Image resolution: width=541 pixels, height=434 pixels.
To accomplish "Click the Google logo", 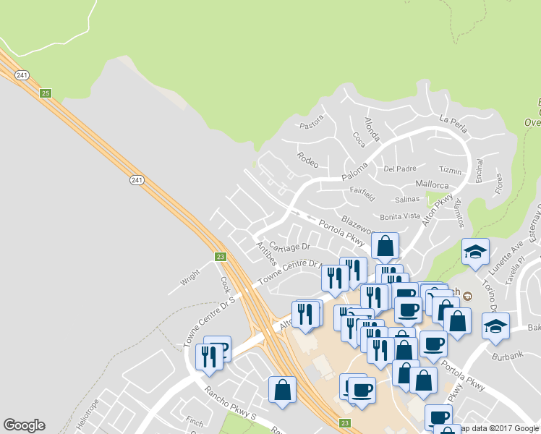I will tap(24, 425).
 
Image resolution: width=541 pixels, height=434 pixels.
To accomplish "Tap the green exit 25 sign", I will tap(46, 93).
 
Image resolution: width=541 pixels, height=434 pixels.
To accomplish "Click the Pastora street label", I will tap(311, 124).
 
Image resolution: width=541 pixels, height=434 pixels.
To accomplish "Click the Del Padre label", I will tap(400, 169).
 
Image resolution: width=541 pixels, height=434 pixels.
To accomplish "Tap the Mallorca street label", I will tap(433, 184).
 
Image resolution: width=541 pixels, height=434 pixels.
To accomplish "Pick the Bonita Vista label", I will tap(400, 216).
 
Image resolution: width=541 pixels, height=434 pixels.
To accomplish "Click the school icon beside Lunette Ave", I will tap(475, 252).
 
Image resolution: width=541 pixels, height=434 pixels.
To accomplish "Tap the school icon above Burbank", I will tap(495, 326).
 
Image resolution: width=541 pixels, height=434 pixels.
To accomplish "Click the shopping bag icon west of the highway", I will tap(282, 391).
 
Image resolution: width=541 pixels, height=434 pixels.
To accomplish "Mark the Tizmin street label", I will tap(450, 171).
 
